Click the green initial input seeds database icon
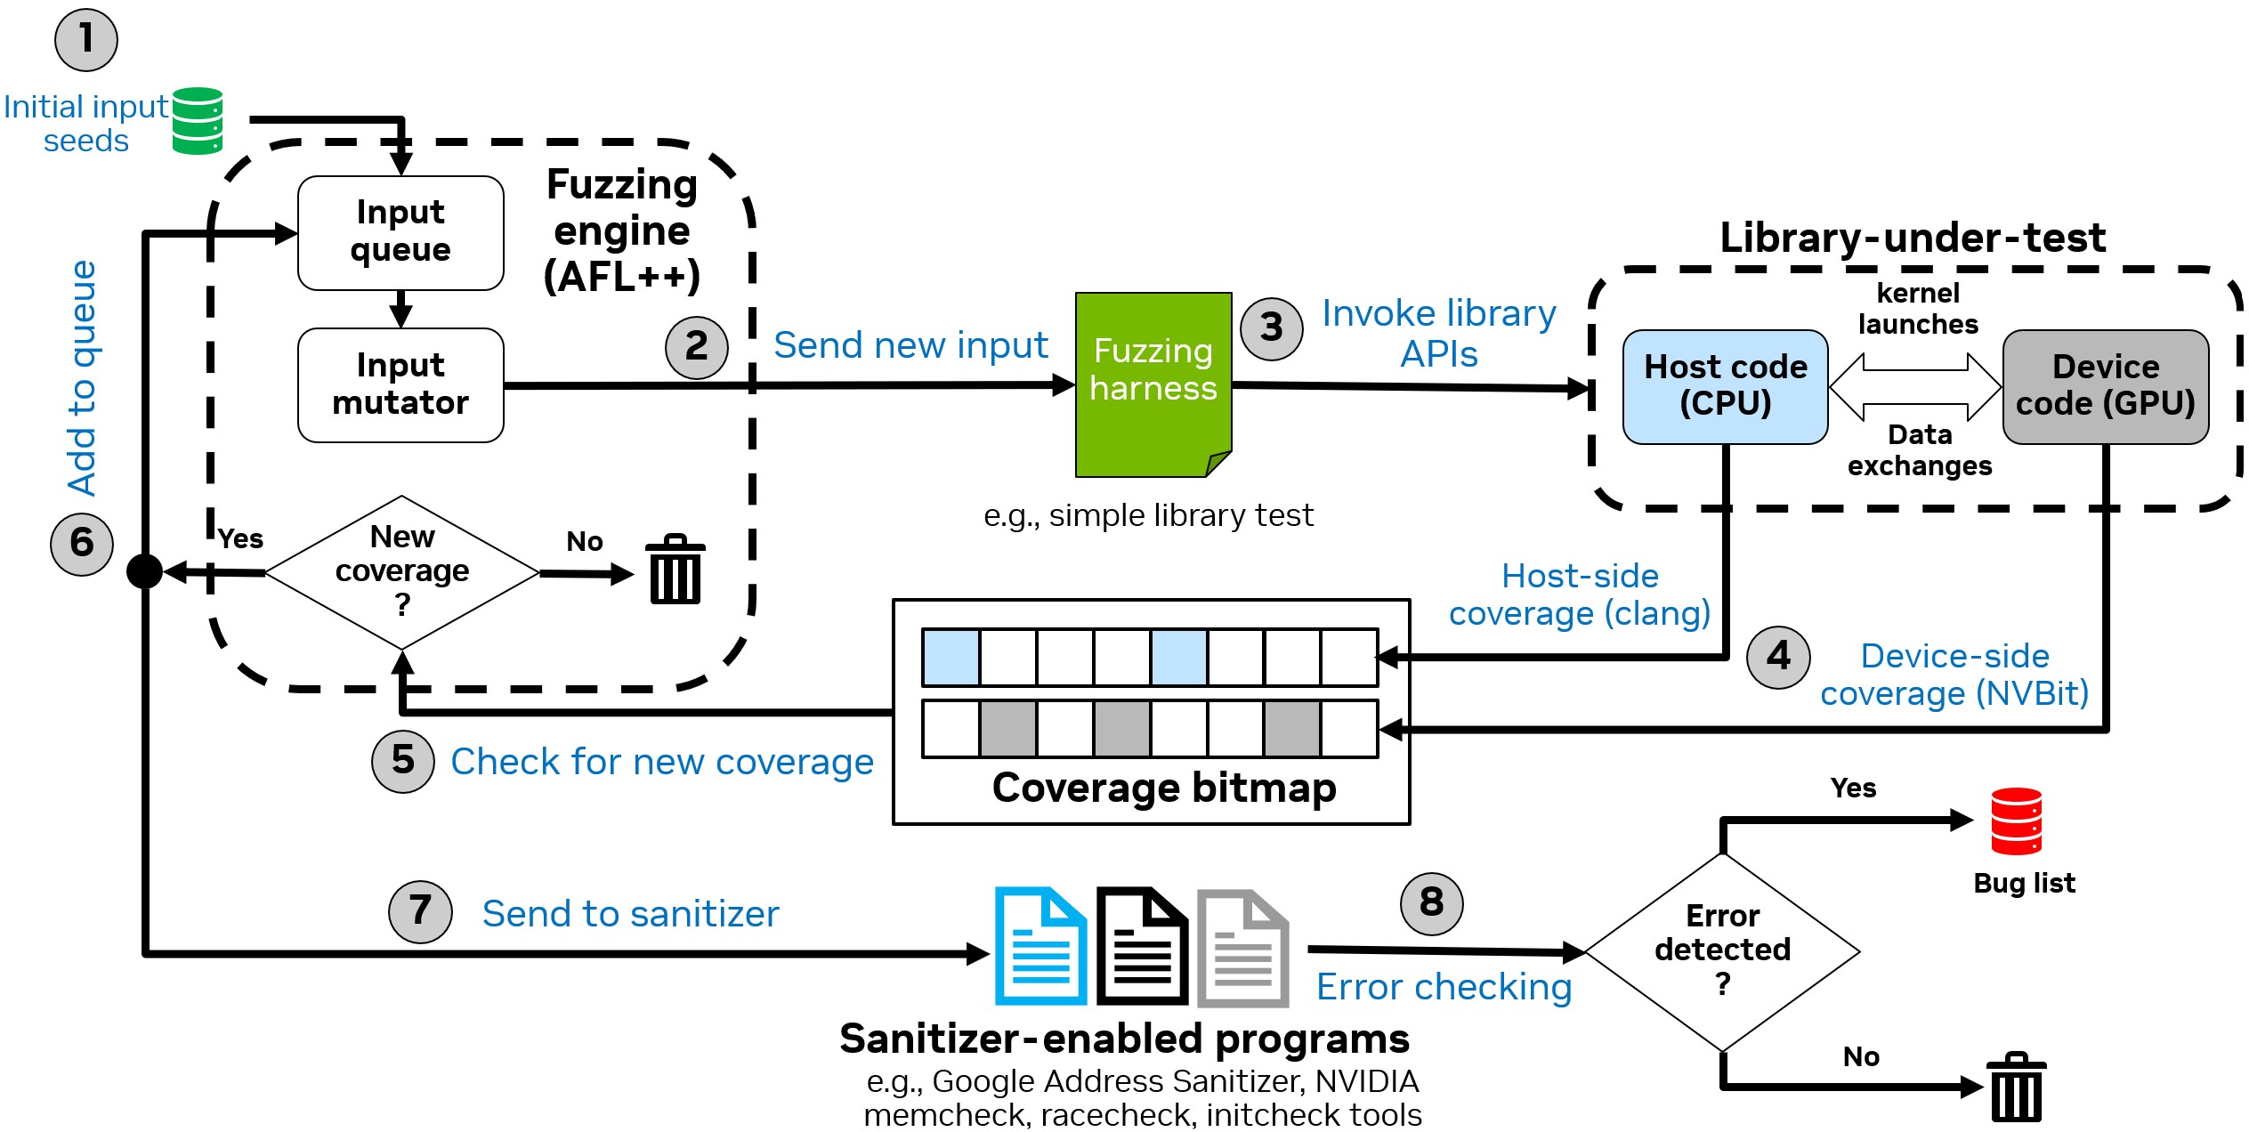pos(197,120)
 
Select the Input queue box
pos(400,232)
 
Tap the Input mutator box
pos(400,384)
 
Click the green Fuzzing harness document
pos(1153,384)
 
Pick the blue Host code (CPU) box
pos(1725,386)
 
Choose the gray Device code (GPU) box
pos(2105,386)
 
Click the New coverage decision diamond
pos(402,571)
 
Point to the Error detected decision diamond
pos(1722,950)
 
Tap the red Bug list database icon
pos(2016,821)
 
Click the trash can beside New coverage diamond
pos(675,570)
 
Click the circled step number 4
pos(1778,657)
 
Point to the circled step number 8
pos(1431,903)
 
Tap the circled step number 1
pos(86,40)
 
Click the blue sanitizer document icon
pos(1040,946)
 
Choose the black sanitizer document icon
pos(1142,946)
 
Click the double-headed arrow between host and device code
pos(1915,386)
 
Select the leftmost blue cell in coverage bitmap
pos(951,657)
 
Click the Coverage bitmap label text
pos(1164,788)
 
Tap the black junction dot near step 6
pos(144,570)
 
